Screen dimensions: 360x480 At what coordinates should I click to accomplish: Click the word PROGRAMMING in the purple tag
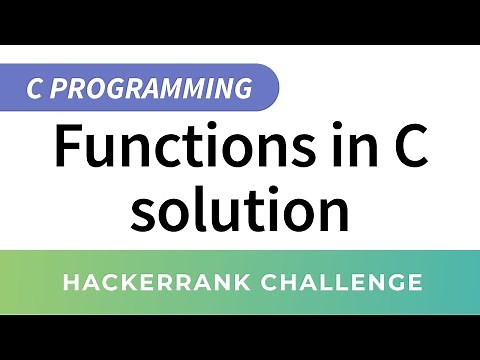coord(149,88)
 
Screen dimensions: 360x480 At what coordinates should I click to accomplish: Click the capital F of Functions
coord(69,146)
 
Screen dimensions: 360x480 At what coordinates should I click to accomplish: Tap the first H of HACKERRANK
coord(70,283)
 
